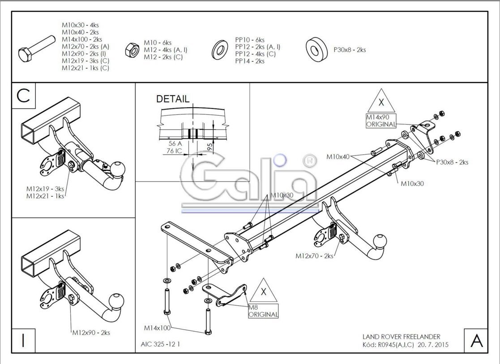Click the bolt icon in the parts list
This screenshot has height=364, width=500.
37,48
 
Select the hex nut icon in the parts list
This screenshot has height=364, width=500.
132,50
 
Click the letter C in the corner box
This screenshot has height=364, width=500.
23,95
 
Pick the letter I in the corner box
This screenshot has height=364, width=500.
23,340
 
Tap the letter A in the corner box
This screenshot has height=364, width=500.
476,341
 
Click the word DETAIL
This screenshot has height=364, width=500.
172,99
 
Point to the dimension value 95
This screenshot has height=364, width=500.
209,147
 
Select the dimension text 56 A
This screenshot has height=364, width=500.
175,144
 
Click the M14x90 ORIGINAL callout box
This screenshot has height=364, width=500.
381,121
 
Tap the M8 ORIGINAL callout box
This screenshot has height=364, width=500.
263,311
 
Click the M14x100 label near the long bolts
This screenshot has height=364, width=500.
157,328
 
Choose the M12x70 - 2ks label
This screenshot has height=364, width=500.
314,256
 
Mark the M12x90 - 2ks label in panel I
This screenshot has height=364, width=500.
91,333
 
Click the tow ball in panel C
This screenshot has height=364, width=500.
117,169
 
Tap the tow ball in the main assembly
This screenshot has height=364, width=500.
380,241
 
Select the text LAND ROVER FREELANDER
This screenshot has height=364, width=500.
401,337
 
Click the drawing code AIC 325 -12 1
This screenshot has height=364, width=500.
160,344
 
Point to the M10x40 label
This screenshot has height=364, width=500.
338,157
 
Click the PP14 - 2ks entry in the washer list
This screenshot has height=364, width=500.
250,61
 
